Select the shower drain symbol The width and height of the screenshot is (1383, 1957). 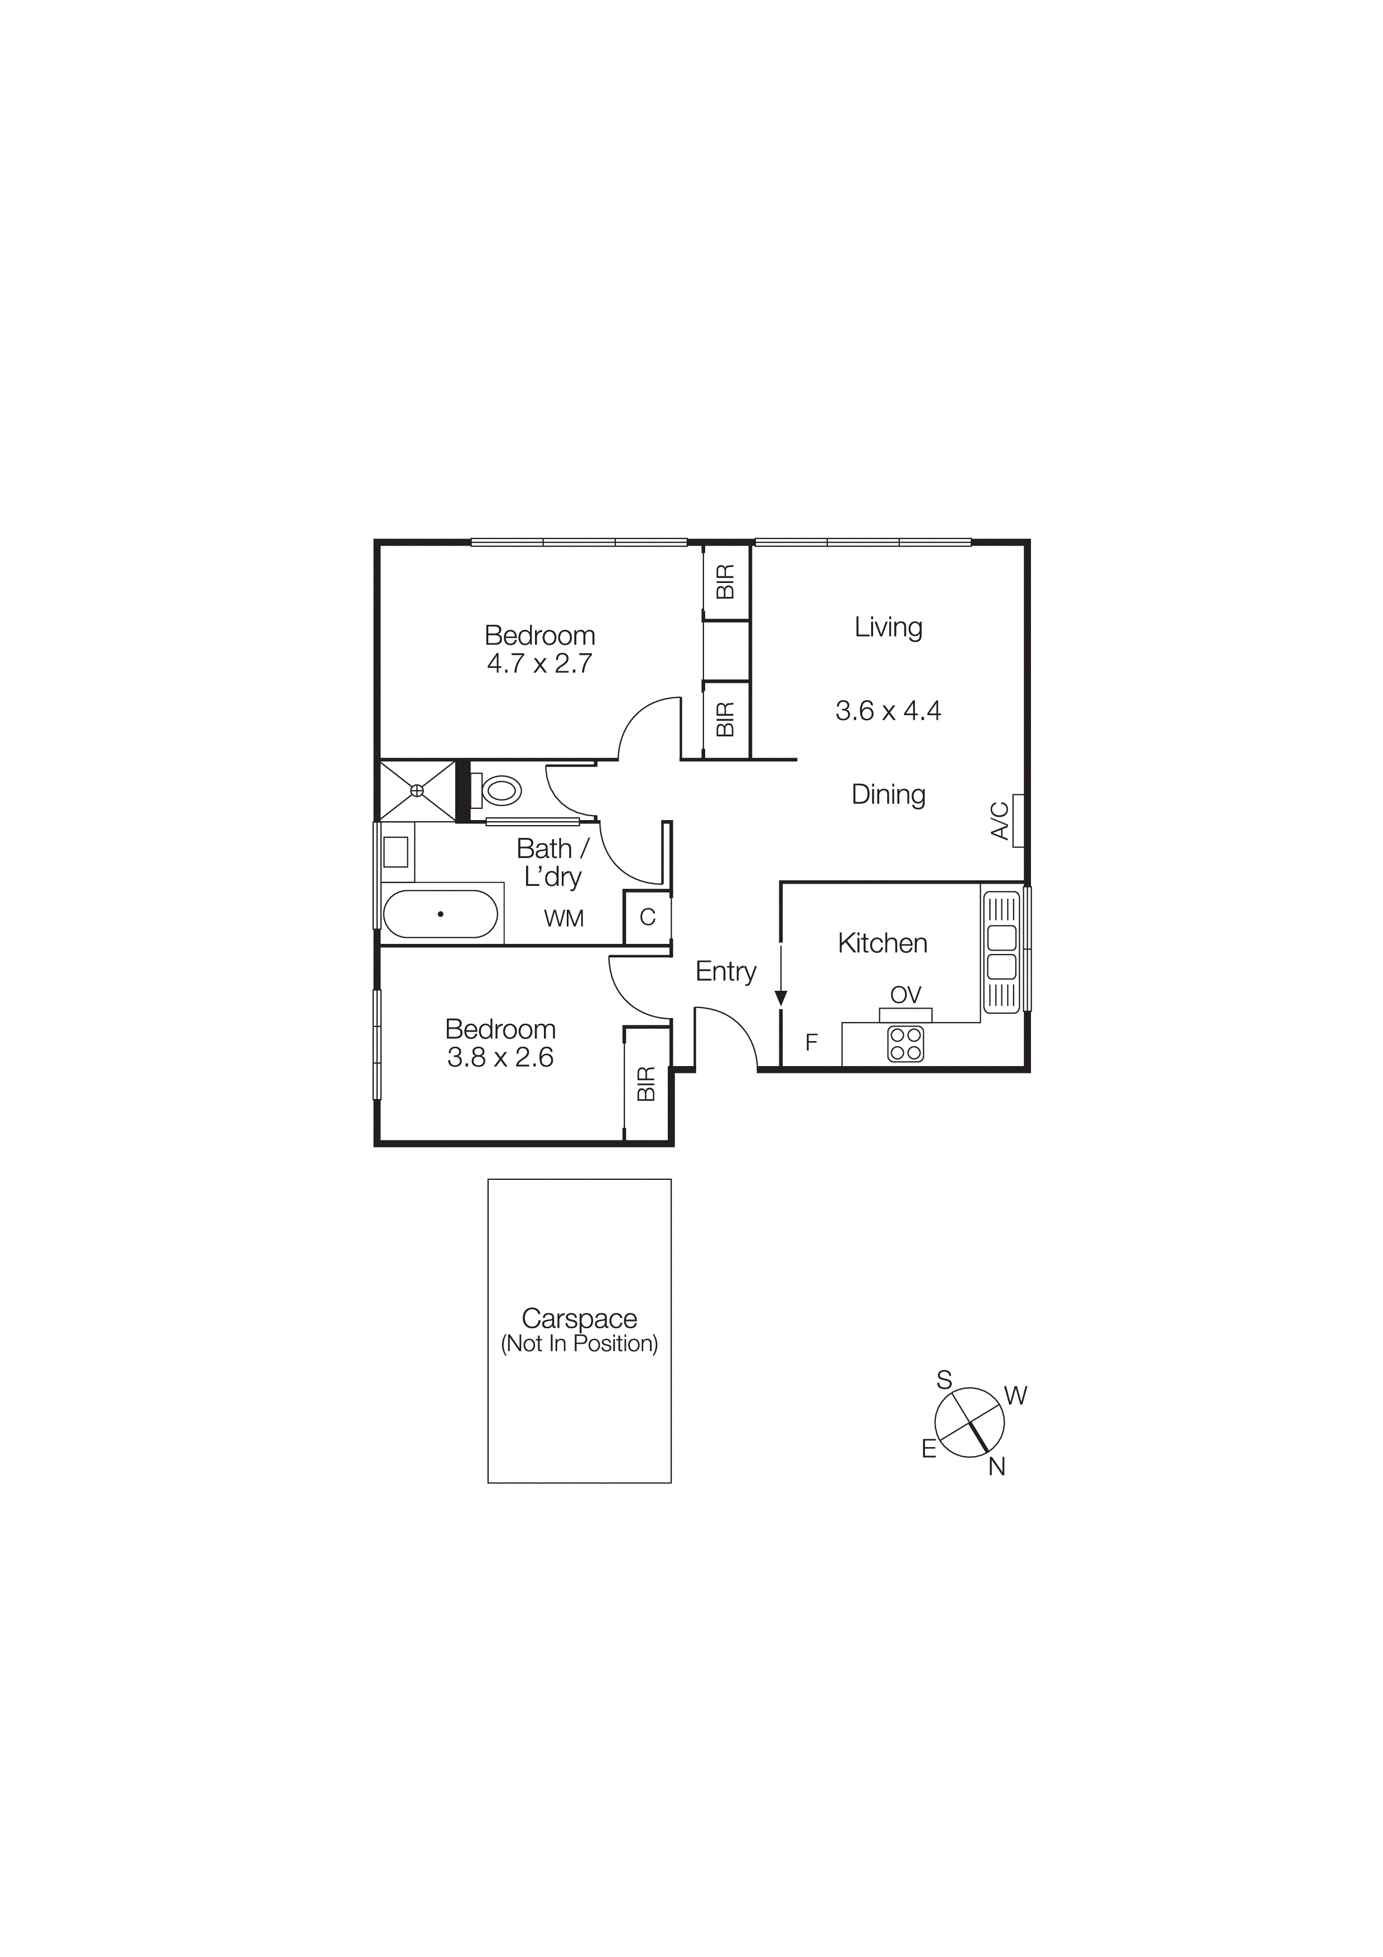(x=417, y=791)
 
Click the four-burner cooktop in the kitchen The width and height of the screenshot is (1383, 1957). (x=905, y=1044)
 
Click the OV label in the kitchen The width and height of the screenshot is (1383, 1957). (x=906, y=995)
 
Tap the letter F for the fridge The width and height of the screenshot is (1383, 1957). (x=811, y=1042)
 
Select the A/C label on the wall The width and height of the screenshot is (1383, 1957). (x=1000, y=820)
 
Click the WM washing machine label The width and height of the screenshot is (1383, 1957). (x=564, y=919)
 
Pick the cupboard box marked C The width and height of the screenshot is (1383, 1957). (x=648, y=917)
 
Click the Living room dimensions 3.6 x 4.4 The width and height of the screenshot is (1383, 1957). (x=888, y=711)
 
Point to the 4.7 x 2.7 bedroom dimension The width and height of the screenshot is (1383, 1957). (x=539, y=664)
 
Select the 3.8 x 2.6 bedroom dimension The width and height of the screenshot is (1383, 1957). (x=500, y=1058)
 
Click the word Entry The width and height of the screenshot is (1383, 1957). (x=726, y=972)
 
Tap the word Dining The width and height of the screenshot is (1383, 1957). (x=888, y=794)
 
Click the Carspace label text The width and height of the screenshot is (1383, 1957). (x=580, y=1319)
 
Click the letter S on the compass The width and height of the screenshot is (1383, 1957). (x=944, y=1381)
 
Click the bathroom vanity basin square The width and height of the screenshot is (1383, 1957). (x=396, y=851)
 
